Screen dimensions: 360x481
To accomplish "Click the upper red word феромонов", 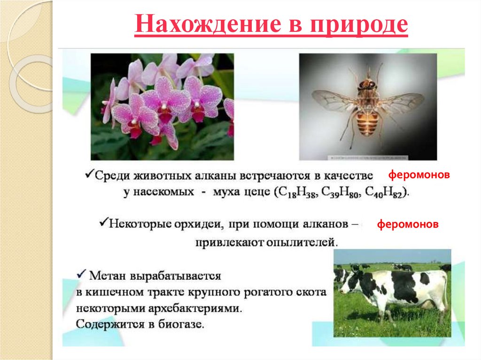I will tap(419, 175).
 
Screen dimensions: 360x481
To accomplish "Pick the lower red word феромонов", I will tap(408, 224).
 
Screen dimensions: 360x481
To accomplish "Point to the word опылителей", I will tap(295, 243).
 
